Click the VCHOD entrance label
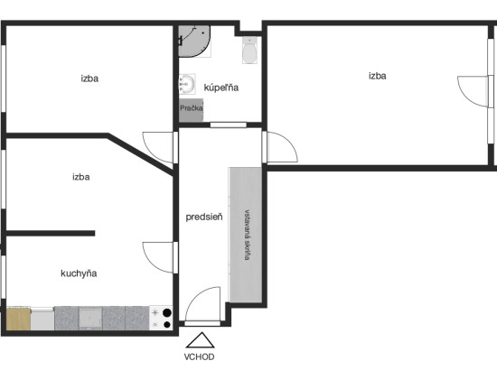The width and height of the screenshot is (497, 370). coord(199,357)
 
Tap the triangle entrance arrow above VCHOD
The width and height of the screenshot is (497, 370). coord(201,340)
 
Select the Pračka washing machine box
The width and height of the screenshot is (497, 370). coord(191,110)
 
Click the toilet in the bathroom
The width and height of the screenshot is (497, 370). coord(250,51)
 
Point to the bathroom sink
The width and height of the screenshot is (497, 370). coord(187,84)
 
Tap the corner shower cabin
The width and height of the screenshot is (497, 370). coord(194,42)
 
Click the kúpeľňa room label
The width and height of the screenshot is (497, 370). coord(220,88)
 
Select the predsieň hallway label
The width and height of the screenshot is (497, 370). coord(204,217)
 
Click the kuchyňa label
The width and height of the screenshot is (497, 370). coord(79,273)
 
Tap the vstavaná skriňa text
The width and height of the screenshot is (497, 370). coord(248,235)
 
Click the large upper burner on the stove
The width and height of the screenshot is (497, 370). coord(167,313)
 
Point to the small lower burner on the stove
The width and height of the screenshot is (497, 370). coord(167,324)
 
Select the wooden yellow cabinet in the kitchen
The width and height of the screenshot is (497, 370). coord(18,319)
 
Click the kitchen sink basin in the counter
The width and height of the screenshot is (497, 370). coord(90,318)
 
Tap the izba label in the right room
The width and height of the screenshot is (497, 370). coord(377,76)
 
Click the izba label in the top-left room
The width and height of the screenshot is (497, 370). coord(89,79)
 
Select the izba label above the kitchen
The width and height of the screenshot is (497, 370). coord(81,177)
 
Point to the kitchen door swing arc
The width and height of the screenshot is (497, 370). coord(151,263)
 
